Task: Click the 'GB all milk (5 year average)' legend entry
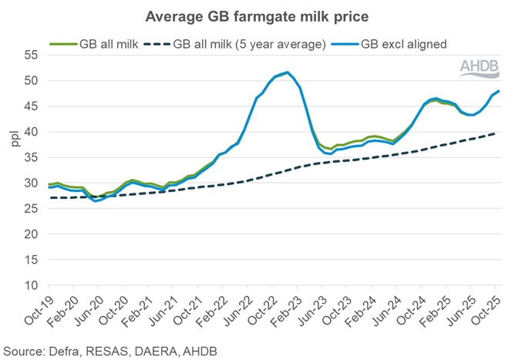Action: pos(236,45)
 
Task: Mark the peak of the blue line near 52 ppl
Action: pos(288,72)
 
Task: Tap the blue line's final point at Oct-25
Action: pos(497,91)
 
